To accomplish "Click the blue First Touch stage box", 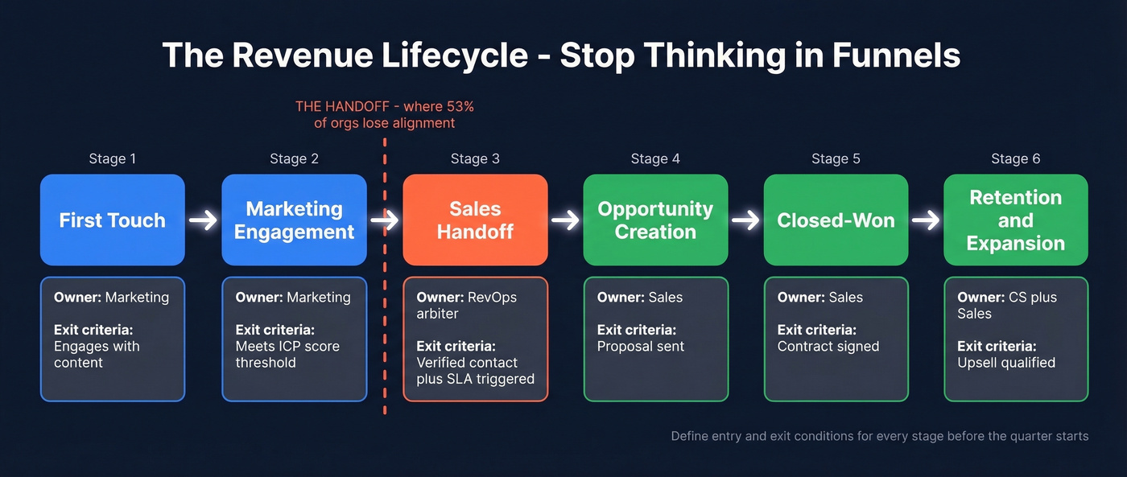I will pos(113,220).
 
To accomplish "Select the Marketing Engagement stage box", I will pos(295,220).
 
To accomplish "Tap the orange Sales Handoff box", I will pos(475,220).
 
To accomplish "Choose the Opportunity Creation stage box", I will pos(655,220).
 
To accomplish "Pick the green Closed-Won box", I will pos(836,220).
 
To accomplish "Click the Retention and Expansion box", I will pos(1016,220).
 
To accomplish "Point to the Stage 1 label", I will pos(113,159).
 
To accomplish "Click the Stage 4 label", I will pos(655,159).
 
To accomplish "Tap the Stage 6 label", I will pos(1016,159).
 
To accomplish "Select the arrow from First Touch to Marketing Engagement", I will pos(204,220).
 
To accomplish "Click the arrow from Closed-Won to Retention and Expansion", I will pos(927,220).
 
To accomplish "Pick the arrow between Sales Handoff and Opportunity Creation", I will pos(566,220).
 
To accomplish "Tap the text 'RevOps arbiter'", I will pos(467,306).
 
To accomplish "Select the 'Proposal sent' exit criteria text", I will pos(641,347).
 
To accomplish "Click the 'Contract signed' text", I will pos(828,347).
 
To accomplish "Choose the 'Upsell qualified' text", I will pos(1006,363).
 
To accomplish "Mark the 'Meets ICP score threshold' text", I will pos(287,355).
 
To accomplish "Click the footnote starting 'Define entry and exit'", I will pos(879,437).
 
